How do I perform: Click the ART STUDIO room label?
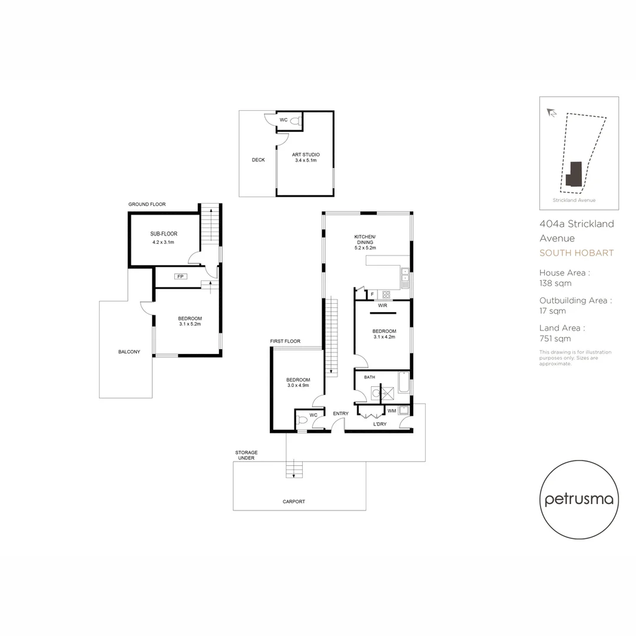306,155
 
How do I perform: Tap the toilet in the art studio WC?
297,121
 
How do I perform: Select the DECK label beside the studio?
258,160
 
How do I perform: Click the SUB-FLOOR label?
164,234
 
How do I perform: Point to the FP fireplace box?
180,276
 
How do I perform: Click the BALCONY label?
129,352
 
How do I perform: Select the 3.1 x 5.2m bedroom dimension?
190,324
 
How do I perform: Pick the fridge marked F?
372,294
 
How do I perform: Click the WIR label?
382,306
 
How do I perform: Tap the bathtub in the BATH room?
403,382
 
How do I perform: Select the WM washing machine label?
392,410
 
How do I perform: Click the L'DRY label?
380,423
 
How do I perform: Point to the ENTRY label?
340,413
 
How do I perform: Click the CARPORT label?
293,501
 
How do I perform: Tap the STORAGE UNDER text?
246,455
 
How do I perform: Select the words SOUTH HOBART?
577,253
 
